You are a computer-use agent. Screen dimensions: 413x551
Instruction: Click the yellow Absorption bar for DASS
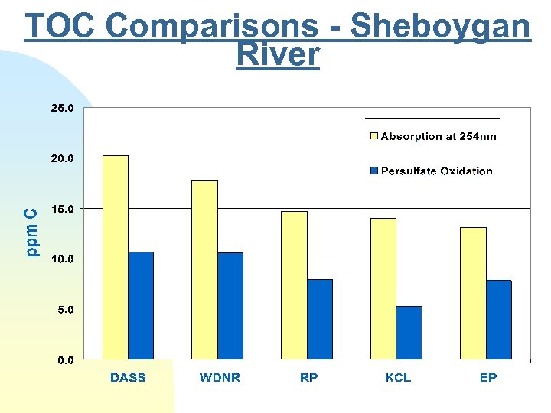(116, 257)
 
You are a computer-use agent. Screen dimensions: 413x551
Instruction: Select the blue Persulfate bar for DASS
(141, 305)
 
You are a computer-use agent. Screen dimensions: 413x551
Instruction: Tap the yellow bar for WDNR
(204, 270)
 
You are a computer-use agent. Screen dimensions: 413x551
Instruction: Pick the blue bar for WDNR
(230, 306)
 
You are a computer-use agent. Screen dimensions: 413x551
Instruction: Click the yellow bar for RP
(294, 285)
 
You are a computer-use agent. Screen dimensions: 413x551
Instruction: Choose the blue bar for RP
(320, 319)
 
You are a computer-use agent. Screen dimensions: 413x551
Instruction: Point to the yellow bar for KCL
(383, 288)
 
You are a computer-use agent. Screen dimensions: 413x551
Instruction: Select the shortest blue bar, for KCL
(409, 333)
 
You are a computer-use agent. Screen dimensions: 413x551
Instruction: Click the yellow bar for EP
(473, 293)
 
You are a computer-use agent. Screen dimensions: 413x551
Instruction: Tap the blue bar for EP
(499, 320)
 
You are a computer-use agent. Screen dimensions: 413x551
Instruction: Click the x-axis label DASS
(128, 378)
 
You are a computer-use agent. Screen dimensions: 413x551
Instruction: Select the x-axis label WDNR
(220, 378)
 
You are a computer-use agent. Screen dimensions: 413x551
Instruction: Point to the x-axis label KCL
(398, 378)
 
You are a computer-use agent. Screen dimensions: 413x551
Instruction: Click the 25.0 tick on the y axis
(63, 109)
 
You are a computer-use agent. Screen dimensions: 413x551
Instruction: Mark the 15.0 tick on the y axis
(63, 209)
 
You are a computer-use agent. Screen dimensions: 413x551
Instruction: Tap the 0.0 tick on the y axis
(66, 360)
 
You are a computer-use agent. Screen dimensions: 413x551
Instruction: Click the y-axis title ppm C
(31, 233)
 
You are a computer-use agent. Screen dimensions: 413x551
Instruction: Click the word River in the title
(278, 55)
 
